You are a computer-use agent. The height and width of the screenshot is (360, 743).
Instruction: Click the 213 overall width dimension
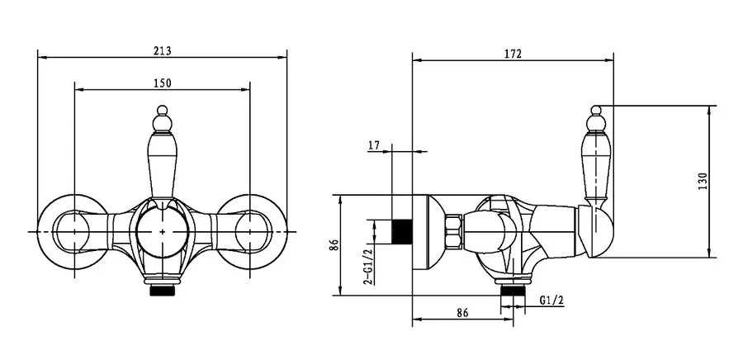[x=162, y=50]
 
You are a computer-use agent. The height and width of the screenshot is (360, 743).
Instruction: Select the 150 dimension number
[x=162, y=83]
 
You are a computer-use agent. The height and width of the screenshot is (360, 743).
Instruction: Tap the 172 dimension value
[x=513, y=54]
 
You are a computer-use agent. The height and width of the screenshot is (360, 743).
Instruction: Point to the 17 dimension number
[x=374, y=145]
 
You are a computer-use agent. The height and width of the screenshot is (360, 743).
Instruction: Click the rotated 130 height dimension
[x=703, y=182]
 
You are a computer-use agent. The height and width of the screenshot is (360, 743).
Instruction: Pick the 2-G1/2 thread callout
[x=367, y=268]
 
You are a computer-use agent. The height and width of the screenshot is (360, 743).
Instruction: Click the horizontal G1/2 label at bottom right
[x=551, y=300]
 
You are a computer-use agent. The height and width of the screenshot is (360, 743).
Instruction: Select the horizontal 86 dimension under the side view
[x=462, y=313]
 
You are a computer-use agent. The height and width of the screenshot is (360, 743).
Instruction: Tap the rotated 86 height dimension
[x=335, y=245]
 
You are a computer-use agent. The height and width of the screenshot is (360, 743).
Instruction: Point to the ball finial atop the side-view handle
[x=596, y=111]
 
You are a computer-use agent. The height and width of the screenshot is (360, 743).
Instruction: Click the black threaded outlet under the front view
[x=162, y=291]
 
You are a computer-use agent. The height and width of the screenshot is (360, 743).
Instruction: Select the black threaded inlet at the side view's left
[x=402, y=232]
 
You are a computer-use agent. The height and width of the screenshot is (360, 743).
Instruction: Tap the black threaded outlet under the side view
[x=513, y=291]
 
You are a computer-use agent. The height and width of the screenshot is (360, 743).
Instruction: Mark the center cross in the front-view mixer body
[x=162, y=232]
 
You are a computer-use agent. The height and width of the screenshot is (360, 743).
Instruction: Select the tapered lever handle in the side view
[x=596, y=166]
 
